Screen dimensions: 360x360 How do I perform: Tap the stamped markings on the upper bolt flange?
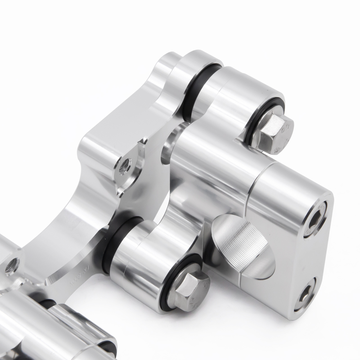[284, 137]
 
